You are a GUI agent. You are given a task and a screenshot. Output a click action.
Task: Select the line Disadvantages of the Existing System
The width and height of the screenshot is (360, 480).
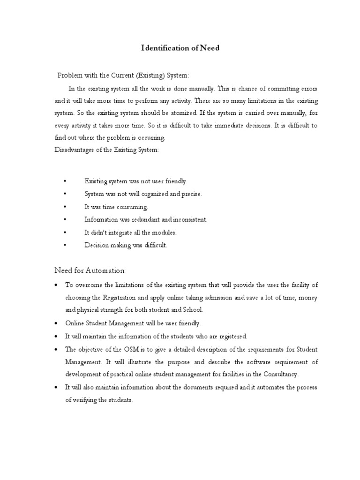pos(107,150)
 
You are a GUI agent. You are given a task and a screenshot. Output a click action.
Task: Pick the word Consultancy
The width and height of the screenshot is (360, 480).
pos(280,375)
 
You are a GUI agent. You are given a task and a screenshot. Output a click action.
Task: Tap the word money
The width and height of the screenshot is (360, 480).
pos(307,297)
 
